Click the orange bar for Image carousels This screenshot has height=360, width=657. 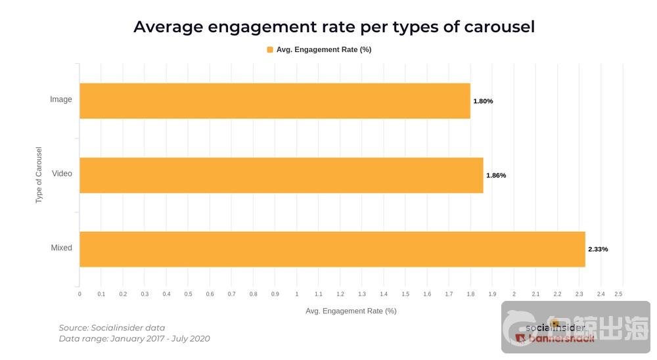point(275,101)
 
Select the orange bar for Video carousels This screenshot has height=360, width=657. point(281,175)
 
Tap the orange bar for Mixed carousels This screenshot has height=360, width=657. point(332,249)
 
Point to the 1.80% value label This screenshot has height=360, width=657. point(483,101)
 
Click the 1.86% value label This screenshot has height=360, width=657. point(496,175)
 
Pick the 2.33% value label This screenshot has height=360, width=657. point(598,250)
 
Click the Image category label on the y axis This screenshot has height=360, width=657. point(61,100)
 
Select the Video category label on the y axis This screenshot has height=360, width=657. point(62,174)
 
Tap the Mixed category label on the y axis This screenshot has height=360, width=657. point(61,248)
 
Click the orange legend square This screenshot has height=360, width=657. point(270,50)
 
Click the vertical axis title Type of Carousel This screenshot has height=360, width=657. point(39,175)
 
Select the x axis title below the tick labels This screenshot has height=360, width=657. point(351,311)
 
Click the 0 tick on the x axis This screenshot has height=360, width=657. point(79,294)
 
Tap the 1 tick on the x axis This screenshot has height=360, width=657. point(297,294)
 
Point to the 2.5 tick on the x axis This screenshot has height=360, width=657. point(618,294)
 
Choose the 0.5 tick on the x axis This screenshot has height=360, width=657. point(188,294)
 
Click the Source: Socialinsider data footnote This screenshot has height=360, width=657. point(112,328)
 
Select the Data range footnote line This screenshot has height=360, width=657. point(134,339)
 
